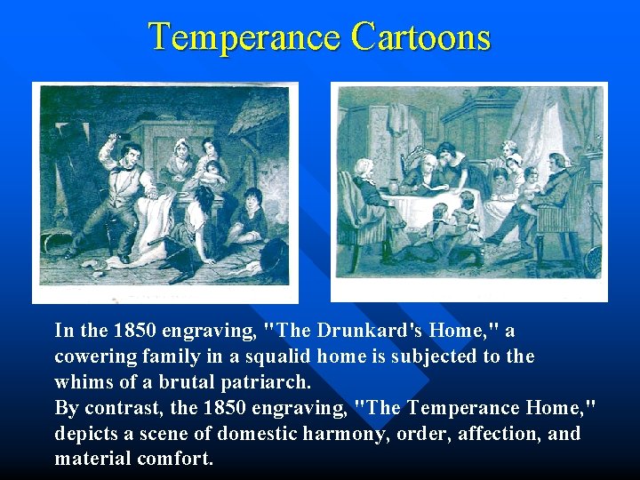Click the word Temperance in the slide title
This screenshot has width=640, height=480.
(245, 37)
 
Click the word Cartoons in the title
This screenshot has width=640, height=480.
(420, 37)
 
